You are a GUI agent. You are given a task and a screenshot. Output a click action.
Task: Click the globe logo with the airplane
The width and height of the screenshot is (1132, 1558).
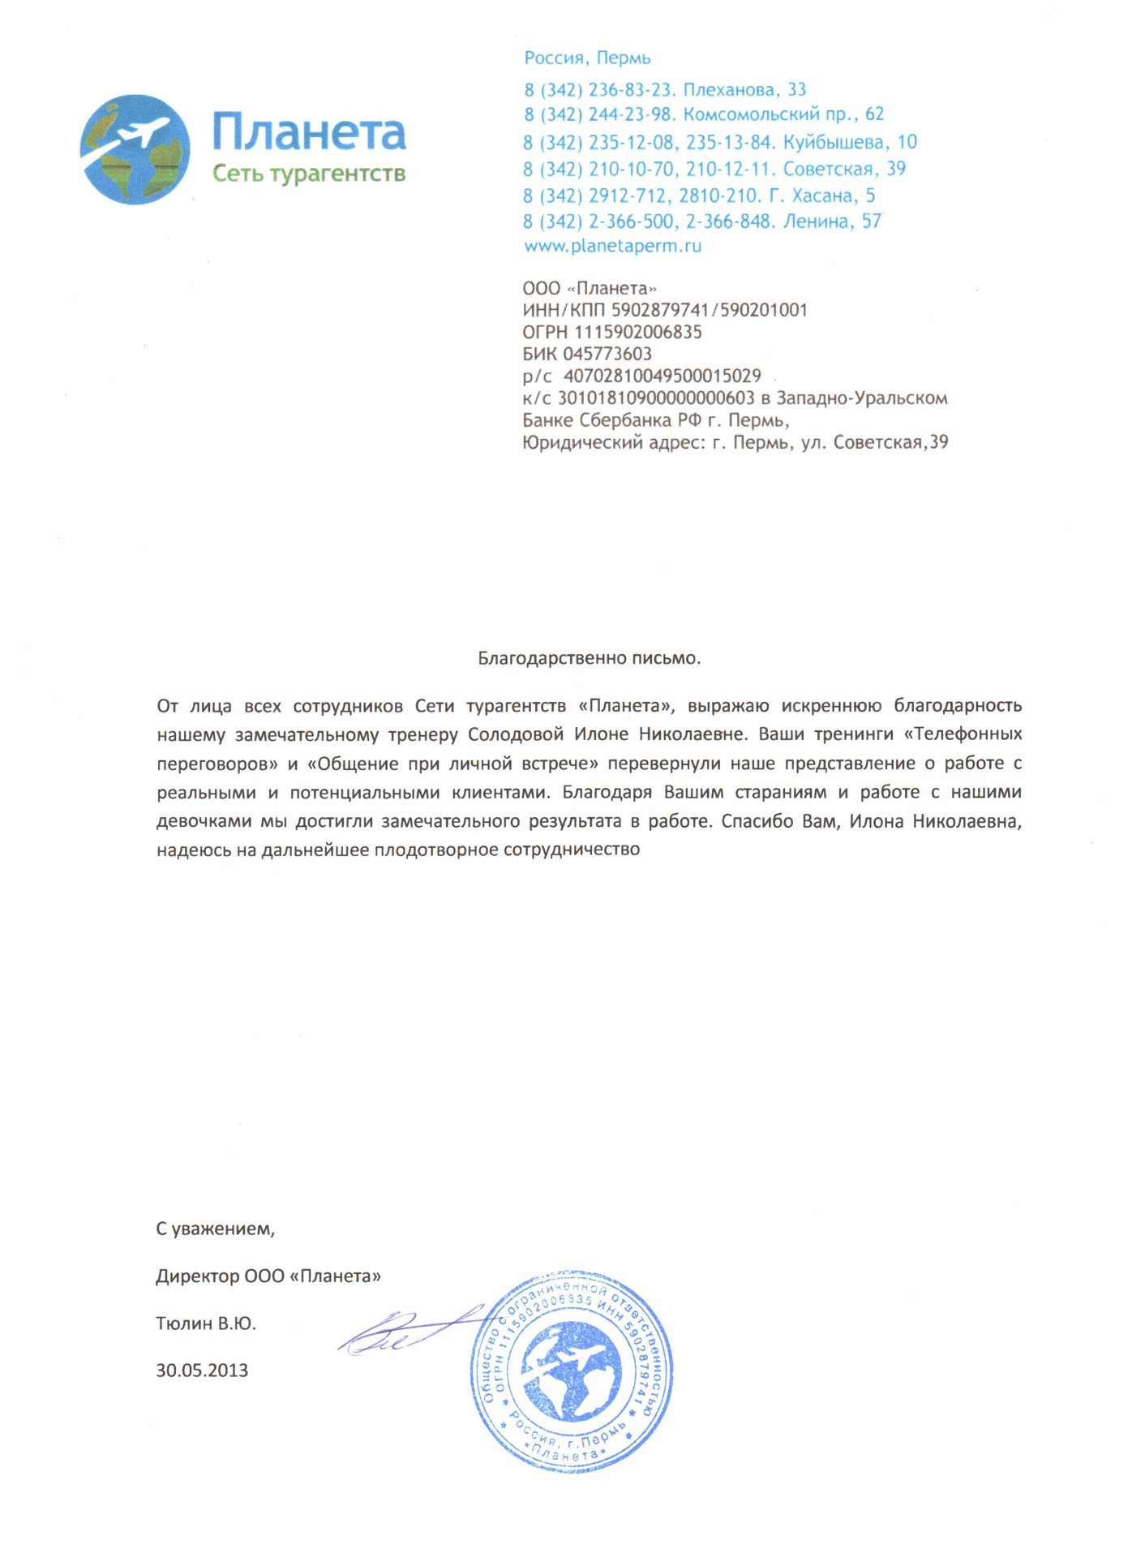coord(135,149)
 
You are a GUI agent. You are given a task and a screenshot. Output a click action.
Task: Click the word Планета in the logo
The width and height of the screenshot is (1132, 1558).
coord(309,132)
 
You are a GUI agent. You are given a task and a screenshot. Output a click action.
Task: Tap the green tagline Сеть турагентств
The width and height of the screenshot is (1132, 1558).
coord(308,174)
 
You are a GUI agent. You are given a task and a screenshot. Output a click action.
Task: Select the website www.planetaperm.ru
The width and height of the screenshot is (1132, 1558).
coord(612,246)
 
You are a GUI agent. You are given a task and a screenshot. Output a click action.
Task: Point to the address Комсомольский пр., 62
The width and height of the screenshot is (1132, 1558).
coord(783,114)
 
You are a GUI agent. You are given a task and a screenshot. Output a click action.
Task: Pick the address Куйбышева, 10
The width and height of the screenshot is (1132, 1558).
coord(850,142)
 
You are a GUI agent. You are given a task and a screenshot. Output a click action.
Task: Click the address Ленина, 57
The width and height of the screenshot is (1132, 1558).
coord(832,222)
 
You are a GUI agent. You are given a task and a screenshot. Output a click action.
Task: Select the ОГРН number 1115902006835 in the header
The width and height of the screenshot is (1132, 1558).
coord(638,332)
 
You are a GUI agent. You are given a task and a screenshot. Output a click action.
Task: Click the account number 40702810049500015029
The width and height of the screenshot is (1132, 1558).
coord(662,376)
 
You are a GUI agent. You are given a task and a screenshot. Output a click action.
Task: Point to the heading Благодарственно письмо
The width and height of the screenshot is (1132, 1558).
coord(589,658)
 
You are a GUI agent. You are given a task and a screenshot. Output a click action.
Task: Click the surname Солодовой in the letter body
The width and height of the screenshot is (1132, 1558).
coord(516,734)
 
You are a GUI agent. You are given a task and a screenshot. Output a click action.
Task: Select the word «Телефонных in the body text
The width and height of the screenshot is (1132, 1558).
coord(963,734)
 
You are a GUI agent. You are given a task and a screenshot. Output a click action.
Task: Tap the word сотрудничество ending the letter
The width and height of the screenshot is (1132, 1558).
coord(572,850)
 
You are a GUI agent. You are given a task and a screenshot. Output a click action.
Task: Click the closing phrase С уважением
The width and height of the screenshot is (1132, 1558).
coord(215,1229)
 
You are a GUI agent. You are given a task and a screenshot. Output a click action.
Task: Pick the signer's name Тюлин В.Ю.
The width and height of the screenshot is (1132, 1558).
coord(206,1323)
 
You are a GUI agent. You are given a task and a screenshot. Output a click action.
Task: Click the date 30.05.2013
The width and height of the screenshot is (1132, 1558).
coord(202,1371)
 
